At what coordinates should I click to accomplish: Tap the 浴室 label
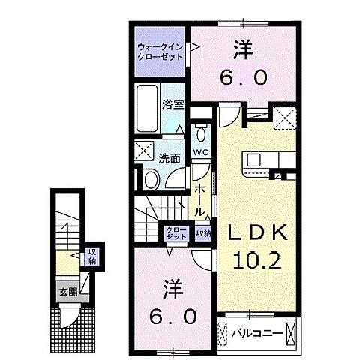coord(174,104)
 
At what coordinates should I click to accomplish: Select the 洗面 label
coord(169,158)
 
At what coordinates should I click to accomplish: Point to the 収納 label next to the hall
coord(203,233)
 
